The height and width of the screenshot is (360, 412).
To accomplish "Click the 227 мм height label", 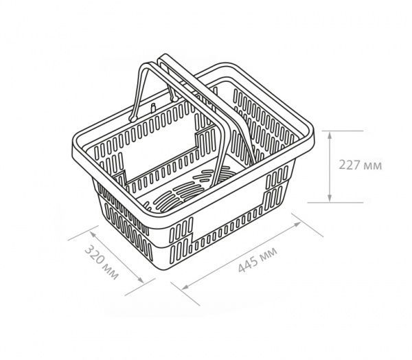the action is pos(360,166).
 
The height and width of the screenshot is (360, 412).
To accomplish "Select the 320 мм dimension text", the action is pos(102,262).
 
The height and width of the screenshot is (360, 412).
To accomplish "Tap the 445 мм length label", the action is pos(257,260).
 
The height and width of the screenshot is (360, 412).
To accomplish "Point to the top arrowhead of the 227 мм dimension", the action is pos(330,135).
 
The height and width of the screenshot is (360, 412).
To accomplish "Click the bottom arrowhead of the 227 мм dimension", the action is pos(330,199).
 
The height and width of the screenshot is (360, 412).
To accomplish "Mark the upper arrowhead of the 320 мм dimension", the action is pos(93,234).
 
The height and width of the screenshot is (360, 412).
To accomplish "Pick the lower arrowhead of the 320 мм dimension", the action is pos(141,280).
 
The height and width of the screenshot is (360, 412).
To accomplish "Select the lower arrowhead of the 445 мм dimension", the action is pos(185,287).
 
